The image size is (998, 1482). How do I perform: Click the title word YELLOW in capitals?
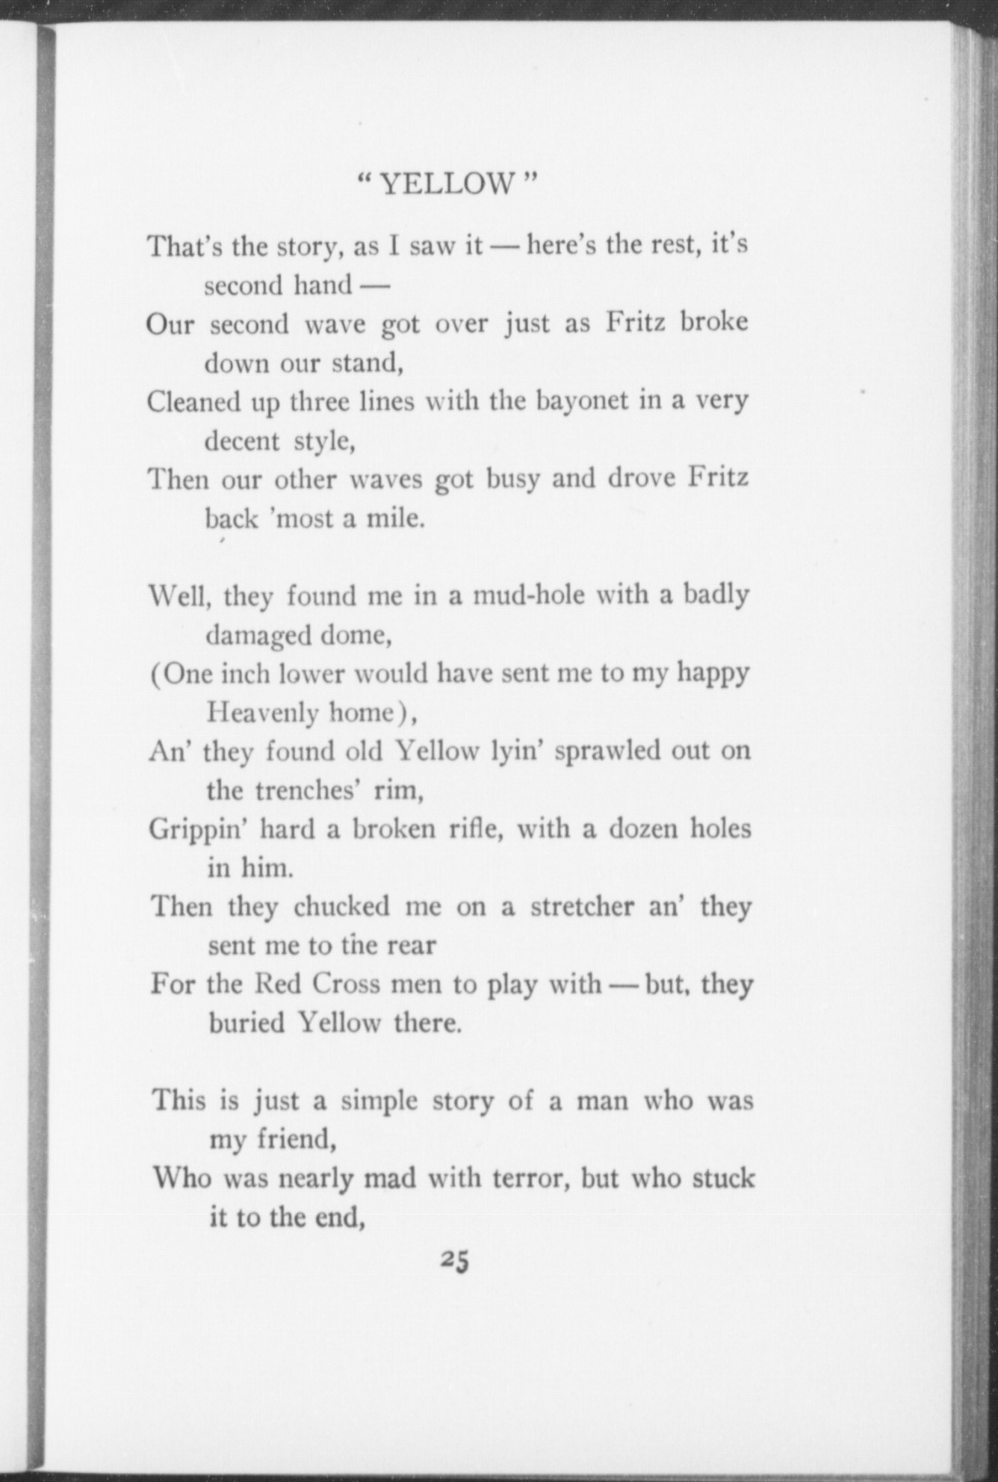(447, 183)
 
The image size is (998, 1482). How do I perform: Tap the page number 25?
(454, 1259)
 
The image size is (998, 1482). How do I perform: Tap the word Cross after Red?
(346, 984)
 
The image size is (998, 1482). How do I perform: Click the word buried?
(247, 1022)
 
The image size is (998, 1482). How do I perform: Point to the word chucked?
(341, 907)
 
